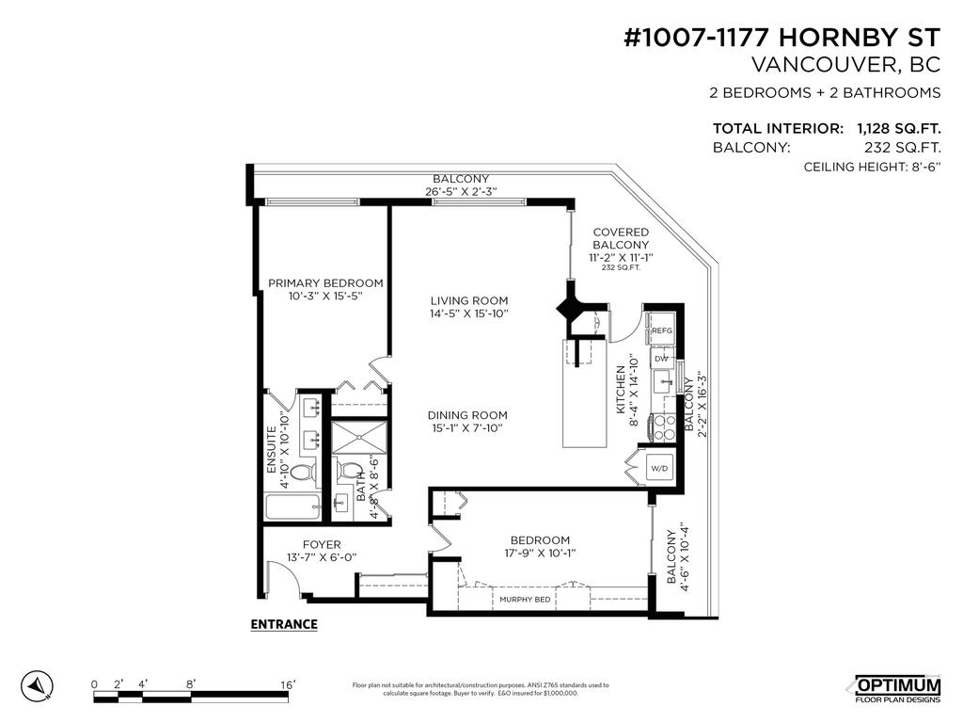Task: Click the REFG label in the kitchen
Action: coord(662,330)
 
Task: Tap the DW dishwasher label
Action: coord(661,359)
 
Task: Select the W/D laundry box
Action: coord(657,468)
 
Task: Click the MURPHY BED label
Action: coord(524,599)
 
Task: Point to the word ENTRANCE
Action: coord(284,624)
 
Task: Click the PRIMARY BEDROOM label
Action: coord(325,282)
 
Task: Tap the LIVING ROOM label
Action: coord(468,301)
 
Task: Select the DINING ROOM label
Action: coord(467,415)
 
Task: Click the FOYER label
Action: coord(322,544)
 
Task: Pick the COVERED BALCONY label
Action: coord(621,238)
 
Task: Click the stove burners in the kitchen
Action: coord(664,427)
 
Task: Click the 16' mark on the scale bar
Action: coord(288,683)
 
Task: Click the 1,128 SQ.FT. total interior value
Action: coord(898,128)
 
